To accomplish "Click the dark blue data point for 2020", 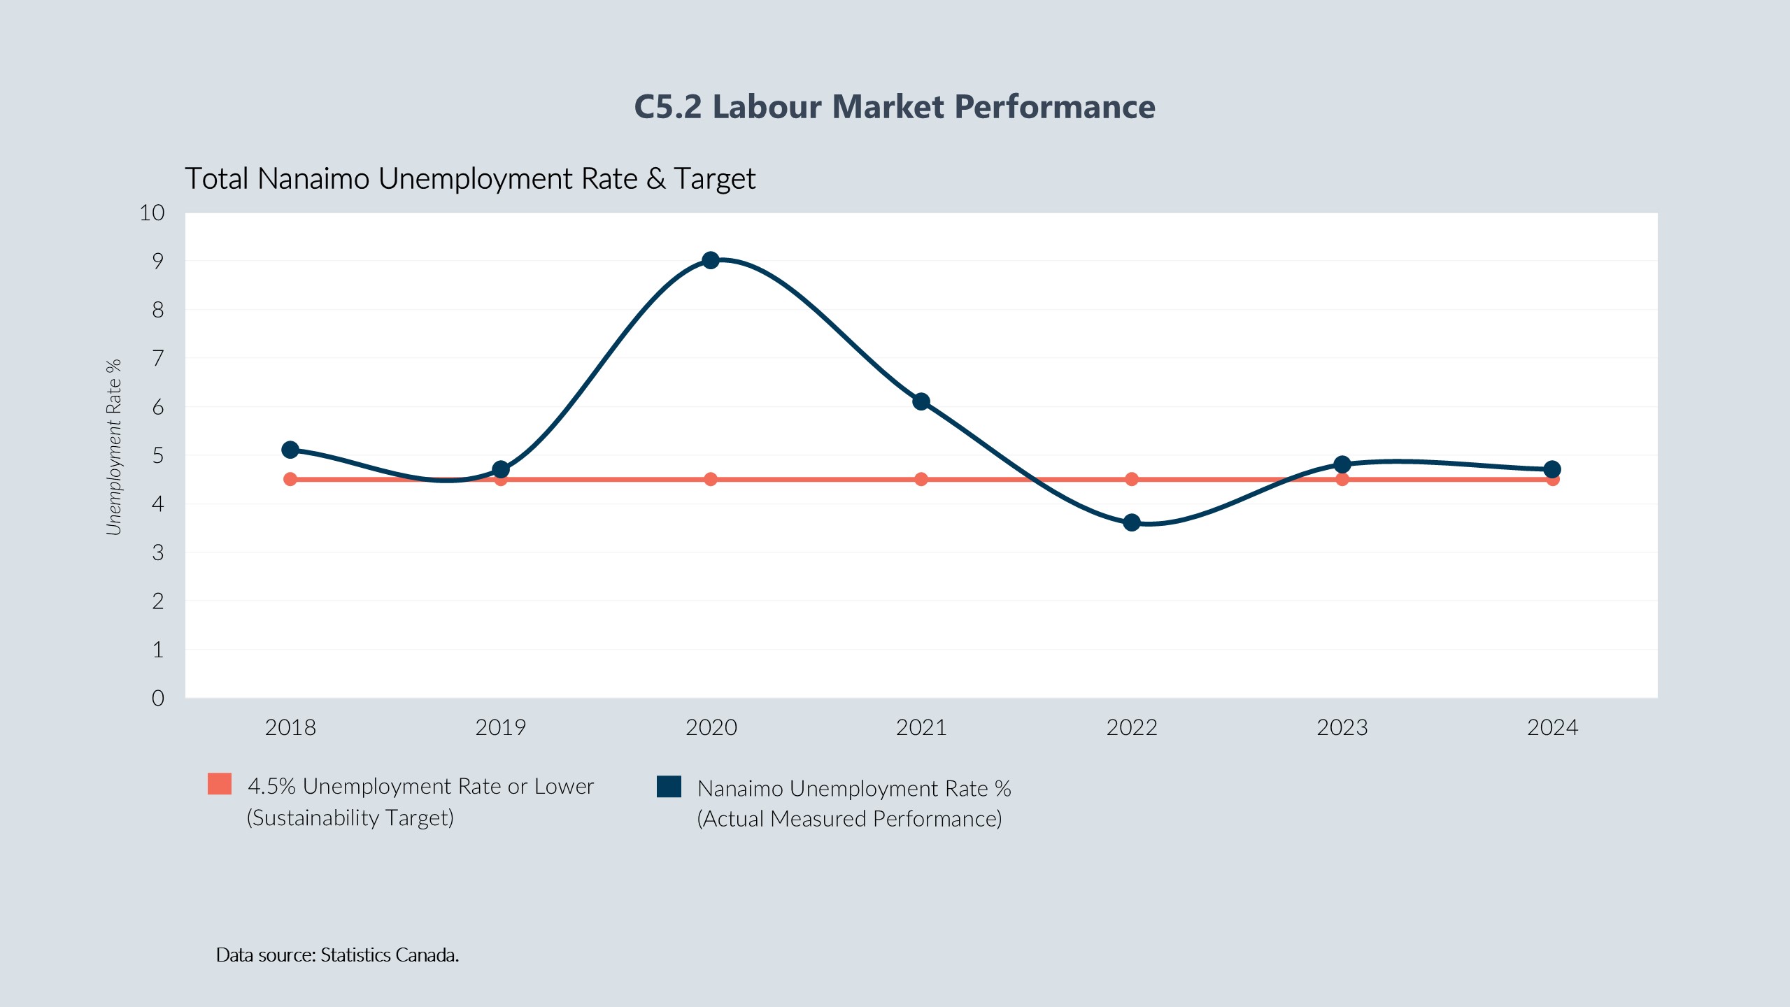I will click(x=711, y=260).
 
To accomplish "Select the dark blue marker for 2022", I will click(x=1132, y=522).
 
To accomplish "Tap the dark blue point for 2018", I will click(x=290, y=450).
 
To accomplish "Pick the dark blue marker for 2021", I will click(x=921, y=401).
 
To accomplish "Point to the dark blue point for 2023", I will click(x=1342, y=464).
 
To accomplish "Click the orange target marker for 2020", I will click(x=711, y=479).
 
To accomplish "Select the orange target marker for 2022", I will click(x=1132, y=479).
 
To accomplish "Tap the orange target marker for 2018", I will click(x=290, y=479).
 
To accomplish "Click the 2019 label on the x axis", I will click(x=500, y=727).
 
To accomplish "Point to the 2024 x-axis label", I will click(x=1552, y=727).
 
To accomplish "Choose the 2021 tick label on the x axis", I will click(x=921, y=727).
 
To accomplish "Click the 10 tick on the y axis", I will click(x=152, y=213).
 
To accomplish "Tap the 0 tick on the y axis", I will click(x=158, y=698).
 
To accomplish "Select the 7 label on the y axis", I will click(x=158, y=358).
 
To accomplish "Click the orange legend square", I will click(x=220, y=784).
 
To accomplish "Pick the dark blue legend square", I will click(x=669, y=786).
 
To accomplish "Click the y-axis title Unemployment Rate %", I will click(x=114, y=448).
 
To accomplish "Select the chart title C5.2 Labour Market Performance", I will click(x=895, y=107).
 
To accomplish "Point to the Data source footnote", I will click(x=337, y=955).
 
